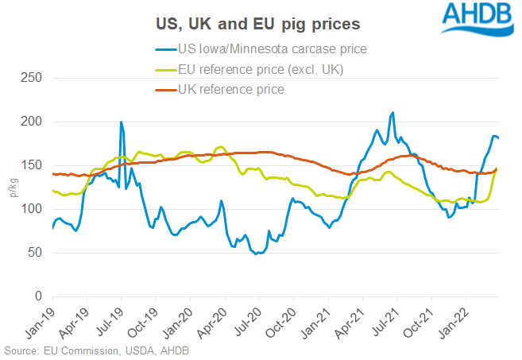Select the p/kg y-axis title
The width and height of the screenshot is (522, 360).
[11, 188]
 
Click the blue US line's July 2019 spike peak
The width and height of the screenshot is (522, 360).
[121, 122]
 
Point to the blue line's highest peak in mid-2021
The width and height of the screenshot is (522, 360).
[392, 113]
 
